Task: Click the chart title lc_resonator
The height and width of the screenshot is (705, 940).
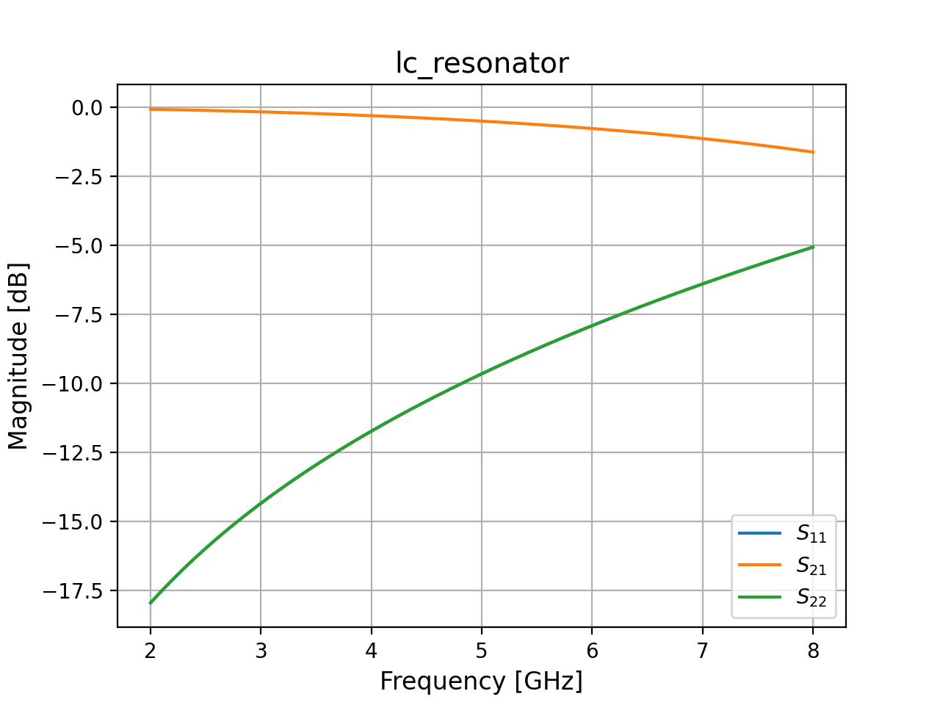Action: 482,64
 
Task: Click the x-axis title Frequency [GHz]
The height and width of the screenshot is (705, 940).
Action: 481,681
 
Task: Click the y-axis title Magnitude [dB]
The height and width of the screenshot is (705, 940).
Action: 18,355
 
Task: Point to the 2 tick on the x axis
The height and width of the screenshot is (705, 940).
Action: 151,651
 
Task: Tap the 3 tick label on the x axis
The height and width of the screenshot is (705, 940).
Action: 261,651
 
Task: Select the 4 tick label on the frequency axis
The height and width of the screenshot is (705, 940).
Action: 372,651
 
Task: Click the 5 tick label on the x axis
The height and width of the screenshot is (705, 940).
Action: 482,651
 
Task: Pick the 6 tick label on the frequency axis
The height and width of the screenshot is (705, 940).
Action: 592,651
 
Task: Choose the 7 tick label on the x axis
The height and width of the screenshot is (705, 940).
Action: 703,651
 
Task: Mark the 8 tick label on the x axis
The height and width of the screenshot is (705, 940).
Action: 813,651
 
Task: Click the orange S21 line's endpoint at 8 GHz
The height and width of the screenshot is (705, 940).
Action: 813,152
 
